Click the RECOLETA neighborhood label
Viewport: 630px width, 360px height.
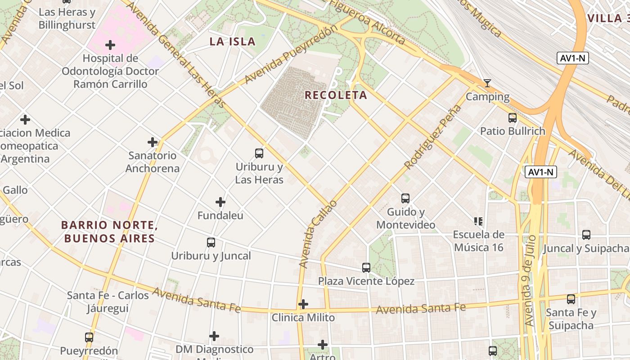click(x=336, y=95)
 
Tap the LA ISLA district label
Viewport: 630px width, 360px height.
click(x=232, y=42)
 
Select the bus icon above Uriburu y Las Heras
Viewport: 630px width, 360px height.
click(x=259, y=153)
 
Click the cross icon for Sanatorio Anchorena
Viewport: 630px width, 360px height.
click(x=153, y=142)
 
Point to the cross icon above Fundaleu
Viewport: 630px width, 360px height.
click(x=220, y=202)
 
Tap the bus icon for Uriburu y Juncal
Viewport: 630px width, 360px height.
click(x=211, y=243)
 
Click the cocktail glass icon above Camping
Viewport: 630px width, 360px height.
click(x=487, y=83)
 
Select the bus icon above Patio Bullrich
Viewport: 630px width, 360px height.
click(x=512, y=118)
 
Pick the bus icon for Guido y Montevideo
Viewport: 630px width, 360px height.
click(x=405, y=198)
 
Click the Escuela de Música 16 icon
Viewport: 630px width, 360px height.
click(x=478, y=221)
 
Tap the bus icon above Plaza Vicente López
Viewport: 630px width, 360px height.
click(x=366, y=268)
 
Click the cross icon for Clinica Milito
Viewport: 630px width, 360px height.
click(x=303, y=304)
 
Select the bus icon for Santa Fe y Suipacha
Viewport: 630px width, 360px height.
click(x=571, y=299)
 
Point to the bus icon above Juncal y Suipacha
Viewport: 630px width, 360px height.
click(x=586, y=234)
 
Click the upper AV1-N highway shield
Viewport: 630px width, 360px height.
click(x=572, y=58)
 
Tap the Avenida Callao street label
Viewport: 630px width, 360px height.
click(x=318, y=234)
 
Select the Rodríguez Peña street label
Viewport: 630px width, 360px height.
click(x=433, y=137)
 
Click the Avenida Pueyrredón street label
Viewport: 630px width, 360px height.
click(x=291, y=55)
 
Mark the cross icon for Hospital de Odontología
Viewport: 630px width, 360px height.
click(x=110, y=45)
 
